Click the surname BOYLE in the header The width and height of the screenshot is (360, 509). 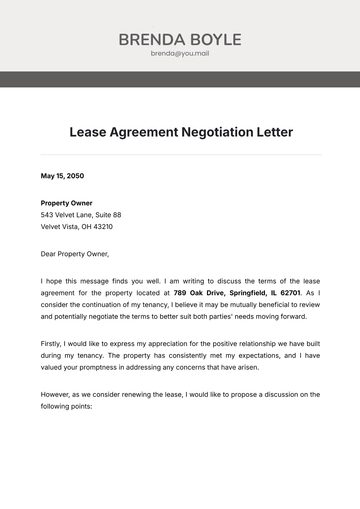(212, 40)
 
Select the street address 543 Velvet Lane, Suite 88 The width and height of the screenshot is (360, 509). (81, 215)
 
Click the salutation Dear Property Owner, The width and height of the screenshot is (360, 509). (75, 253)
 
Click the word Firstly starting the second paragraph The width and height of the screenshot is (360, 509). (55, 343)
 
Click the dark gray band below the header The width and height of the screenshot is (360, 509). (180, 79)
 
